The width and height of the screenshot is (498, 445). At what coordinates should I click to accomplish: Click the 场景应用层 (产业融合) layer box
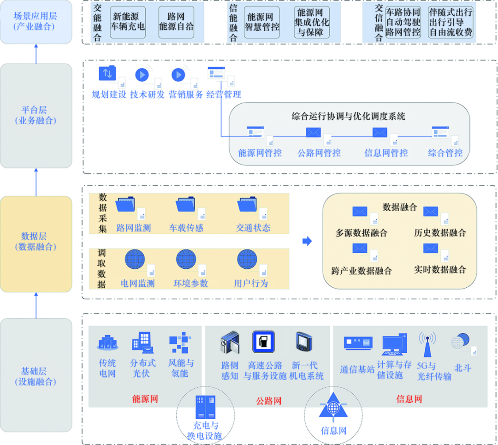pyautogui.click(x=36, y=22)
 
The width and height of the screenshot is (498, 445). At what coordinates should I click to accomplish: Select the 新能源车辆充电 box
pyautogui.click(x=128, y=22)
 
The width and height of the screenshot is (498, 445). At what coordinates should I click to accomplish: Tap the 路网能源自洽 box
pyautogui.click(x=176, y=22)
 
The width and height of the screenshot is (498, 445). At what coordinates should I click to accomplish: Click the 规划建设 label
pyautogui.click(x=109, y=95)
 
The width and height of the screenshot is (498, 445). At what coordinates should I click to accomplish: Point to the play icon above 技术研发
pyautogui.click(x=142, y=75)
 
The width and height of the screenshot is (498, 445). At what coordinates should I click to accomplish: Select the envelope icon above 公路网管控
pyautogui.click(x=314, y=133)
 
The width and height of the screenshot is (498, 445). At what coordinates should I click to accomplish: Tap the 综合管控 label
pyautogui.click(x=445, y=153)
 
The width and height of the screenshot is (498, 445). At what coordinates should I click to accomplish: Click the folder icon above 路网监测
pyautogui.click(x=125, y=205)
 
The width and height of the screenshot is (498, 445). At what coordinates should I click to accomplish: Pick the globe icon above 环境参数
pyautogui.click(x=186, y=259)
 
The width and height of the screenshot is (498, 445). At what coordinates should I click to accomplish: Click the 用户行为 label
pyautogui.click(x=251, y=283)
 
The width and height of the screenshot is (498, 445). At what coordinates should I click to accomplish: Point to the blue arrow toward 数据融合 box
pyautogui.click(x=307, y=241)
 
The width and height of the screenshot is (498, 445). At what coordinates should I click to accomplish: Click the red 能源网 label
pyautogui.click(x=145, y=399)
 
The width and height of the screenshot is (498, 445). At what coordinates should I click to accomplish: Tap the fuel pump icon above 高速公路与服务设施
pyautogui.click(x=263, y=342)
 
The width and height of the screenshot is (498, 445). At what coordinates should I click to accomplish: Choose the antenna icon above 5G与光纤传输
pyautogui.click(x=427, y=344)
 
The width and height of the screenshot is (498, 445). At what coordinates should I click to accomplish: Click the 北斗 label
pyautogui.click(x=462, y=368)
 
